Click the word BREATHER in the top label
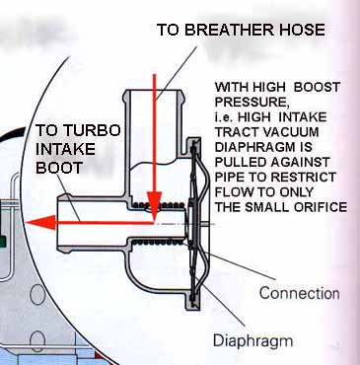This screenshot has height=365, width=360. (227, 30)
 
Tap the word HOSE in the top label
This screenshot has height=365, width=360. (299, 30)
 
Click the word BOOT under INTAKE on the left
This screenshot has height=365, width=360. (59, 168)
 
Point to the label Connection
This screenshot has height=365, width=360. (299, 293)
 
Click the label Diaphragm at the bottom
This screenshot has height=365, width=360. (252, 341)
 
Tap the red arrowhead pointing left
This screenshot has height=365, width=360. (40, 223)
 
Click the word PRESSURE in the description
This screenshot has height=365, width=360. (252, 103)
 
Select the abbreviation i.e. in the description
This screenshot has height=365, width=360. (224, 117)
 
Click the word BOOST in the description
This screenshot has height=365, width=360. (317, 87)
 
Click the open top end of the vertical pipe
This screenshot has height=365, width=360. (153, 91)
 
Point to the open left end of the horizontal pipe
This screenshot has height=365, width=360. (59, 223)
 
